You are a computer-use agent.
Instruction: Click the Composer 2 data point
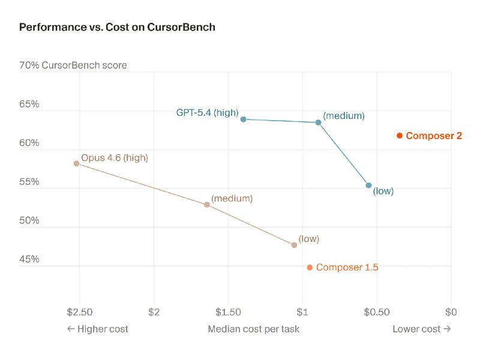point(400,136)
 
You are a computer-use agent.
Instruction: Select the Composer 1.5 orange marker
point(310,268)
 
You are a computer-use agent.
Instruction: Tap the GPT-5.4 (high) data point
point(243,119)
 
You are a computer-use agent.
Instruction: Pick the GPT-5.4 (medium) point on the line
point(318,122)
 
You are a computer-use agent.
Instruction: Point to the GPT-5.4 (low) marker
point(368,185)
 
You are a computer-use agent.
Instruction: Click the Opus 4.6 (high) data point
point(76,163)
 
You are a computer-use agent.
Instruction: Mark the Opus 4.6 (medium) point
point(207,205)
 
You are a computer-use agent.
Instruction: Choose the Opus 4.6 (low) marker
point(294,245)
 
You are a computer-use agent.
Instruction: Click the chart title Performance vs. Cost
point(117,27)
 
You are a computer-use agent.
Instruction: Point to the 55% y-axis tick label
point(29,182)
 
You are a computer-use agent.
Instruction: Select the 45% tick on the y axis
point(29,259)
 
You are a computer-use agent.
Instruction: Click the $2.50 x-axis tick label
point(80,311)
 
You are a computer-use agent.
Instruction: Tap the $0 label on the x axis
point(451,311)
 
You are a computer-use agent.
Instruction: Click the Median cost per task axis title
point(253,329)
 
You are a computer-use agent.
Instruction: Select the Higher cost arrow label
point(97,329)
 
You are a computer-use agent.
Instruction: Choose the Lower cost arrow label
point(421,329)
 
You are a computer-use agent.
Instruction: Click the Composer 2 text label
point(434,136)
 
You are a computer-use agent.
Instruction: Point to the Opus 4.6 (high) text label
point(114,158)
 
